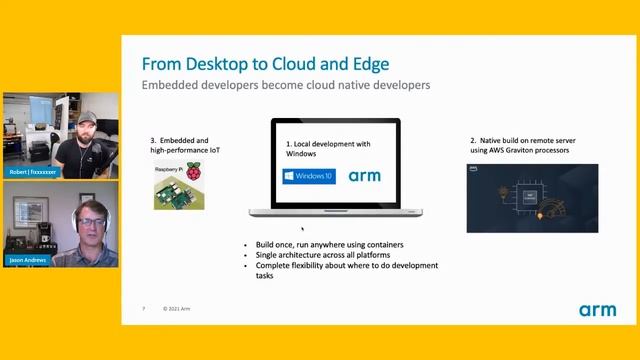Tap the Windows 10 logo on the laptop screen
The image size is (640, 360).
(308, 177)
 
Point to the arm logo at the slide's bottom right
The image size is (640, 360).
(597, 310)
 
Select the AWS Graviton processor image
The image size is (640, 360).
(532, 198)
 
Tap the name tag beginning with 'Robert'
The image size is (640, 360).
(34, 171)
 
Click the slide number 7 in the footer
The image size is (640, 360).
(143, 309)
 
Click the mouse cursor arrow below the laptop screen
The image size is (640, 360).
(303, 227)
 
